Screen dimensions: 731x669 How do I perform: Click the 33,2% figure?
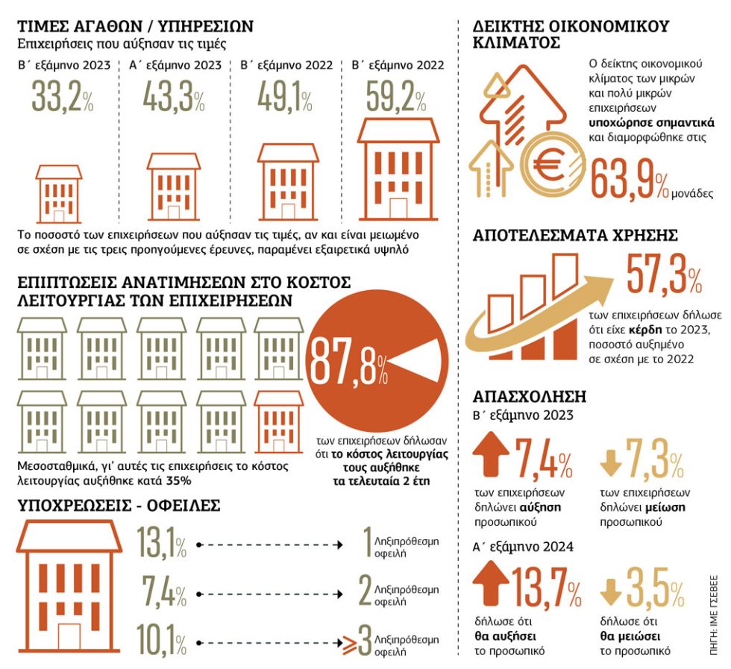point(63,97)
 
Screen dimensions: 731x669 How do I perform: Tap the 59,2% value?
point(396,97)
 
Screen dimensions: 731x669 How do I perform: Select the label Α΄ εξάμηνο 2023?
point(175,65)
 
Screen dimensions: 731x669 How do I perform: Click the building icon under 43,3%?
point(174,187)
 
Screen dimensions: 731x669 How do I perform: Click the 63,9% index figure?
point(630,180)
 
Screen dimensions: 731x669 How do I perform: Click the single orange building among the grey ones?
point(278,421)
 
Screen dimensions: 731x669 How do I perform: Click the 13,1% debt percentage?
point(161,542)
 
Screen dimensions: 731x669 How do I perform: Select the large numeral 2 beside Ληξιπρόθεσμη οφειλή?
point(365,591)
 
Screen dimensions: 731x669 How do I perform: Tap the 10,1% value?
point(161,641)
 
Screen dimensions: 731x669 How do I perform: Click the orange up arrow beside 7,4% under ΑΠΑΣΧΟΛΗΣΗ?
point(491,453)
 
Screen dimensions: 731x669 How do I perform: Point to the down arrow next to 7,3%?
point(611,462)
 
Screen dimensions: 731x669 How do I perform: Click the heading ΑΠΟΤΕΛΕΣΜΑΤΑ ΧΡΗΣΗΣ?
point(575,235)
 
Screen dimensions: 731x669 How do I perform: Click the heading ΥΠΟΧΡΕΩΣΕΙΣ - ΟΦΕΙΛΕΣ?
point(119,506)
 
